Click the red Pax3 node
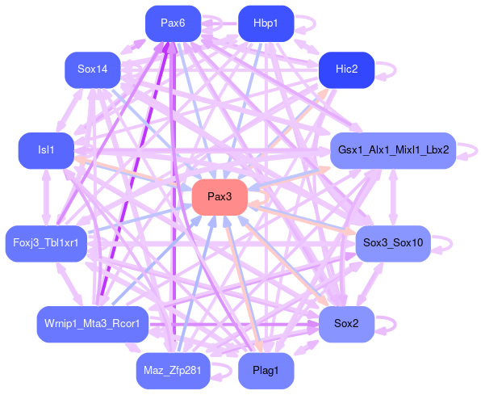click(x=220, y=197)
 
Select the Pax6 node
click(x=173, y=23)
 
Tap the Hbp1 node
click(x=266, y=23)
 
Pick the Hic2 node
click(x=347, y=69)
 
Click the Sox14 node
click(x=92, y=69)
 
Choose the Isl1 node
click(x=46, y=150)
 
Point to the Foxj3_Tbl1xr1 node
click(x=46, y=244)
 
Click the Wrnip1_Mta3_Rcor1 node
click(x=92, y=324)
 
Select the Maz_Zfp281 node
click(x=173, y=371)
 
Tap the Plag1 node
click(x=266, y=371)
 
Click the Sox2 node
click(x=347, y=324)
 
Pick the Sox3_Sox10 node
click(x=393, y=244)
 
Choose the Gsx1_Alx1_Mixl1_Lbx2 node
click(x=393, y=150)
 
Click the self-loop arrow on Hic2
click(x=395, y=69)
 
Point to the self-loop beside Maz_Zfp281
click(x=231, y=371)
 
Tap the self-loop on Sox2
click(x=395, y=324)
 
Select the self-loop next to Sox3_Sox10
click(x=452, y=244)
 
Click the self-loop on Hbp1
click(x=315, y=23)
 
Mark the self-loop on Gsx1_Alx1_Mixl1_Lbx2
click(x=477, y=150)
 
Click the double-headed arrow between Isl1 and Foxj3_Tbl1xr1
click(x=46, y=197)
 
